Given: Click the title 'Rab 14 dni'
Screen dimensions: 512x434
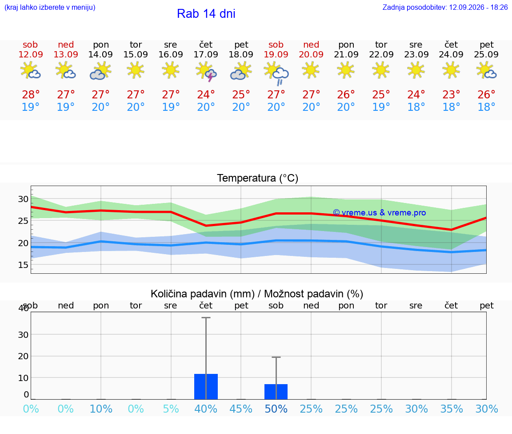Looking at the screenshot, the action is click(x=206, y=14).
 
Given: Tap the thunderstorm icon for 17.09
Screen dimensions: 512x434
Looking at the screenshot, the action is click(x=206, y=72).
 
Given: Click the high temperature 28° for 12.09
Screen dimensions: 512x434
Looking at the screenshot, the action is click(x=31, y=94).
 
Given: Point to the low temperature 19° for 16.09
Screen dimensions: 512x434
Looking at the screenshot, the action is click(x=171, y=107).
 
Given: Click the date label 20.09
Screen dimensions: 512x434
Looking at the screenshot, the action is click(x=311, y=54).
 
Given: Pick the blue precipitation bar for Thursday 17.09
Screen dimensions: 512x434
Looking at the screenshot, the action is click(x=206, y=386).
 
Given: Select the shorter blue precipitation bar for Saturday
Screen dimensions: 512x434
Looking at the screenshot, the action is click(x=276, y=392).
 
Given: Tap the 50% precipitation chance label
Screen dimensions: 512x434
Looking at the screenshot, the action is click(x=276, y=409).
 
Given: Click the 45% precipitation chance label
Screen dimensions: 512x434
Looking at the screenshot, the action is click(x=241, y=409).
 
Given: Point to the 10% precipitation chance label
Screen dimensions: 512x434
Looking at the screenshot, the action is click(x=101, y=409).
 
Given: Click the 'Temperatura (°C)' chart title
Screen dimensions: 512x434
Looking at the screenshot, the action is click(x=258, y=178).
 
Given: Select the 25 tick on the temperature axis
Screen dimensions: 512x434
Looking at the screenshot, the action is click(x=23, y=221).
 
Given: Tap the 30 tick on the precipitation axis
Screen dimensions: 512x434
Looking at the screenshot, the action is click(x=23, y=335).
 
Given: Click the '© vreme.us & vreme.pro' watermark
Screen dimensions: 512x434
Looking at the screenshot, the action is click(x=380, y=213).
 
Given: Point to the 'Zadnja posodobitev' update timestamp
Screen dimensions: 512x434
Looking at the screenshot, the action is click(x=445, y=7).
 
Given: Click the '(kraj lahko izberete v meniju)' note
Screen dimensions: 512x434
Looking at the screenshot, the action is click(x=50, y=7).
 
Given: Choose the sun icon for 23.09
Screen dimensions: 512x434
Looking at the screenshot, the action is click(x=416, y=70).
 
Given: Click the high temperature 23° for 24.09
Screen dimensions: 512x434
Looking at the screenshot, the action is click(x=451, y=94).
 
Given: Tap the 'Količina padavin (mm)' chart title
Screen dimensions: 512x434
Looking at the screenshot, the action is click(x=203, y=294).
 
